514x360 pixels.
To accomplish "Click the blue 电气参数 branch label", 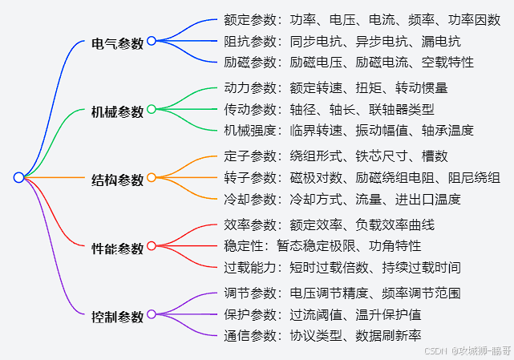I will [118, 44].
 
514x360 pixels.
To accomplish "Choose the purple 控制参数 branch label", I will [118, 317].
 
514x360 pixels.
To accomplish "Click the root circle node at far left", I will [18, 177].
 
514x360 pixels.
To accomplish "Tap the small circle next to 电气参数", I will [152, 41].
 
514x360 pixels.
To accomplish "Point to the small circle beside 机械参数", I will [152, 109].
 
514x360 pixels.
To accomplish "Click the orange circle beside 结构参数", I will [152, 177].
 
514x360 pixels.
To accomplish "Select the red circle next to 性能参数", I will [152, 245].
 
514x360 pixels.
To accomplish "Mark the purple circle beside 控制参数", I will [152, 313].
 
